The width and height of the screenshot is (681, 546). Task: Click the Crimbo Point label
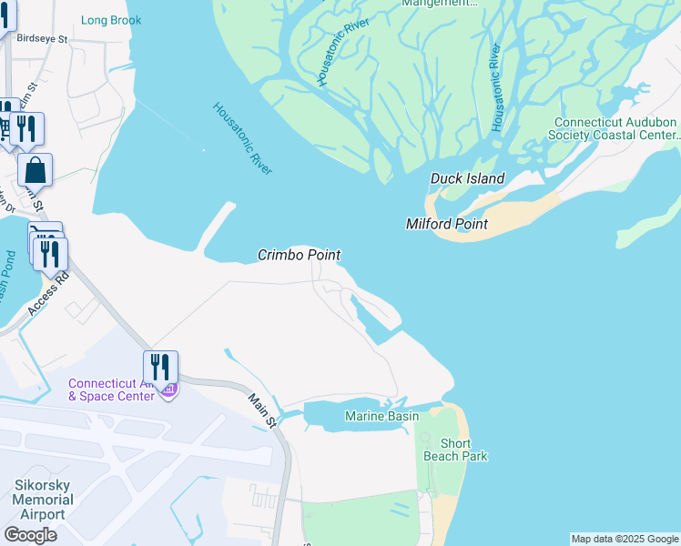pos(299,256)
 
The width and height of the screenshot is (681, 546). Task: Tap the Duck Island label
pos(467,178)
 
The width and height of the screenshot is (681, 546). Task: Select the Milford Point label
pos(446,224)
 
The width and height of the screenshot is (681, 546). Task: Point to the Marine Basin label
pos(381,416)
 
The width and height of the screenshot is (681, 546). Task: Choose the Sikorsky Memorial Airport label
pos(40,500)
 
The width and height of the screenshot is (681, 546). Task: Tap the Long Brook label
pos(111,20)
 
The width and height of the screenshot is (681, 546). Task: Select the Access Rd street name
pos(48,292)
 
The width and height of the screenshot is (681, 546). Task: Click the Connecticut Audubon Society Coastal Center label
pos(615,128)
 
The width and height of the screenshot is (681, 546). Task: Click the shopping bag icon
pos(35,170)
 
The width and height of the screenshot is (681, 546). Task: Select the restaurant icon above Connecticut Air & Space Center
pos(160,367)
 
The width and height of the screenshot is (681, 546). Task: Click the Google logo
pos(30,535)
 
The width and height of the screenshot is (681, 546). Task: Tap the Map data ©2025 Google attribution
pos(625,539)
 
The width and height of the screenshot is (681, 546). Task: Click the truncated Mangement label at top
pos(440,4)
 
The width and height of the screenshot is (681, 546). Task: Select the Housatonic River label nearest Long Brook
pos(242,138)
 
